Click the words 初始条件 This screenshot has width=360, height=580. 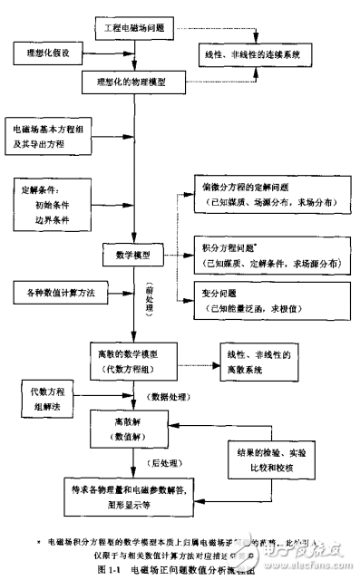click(x=54, y=205)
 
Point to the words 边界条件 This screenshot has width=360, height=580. click(x=54, y=220)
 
